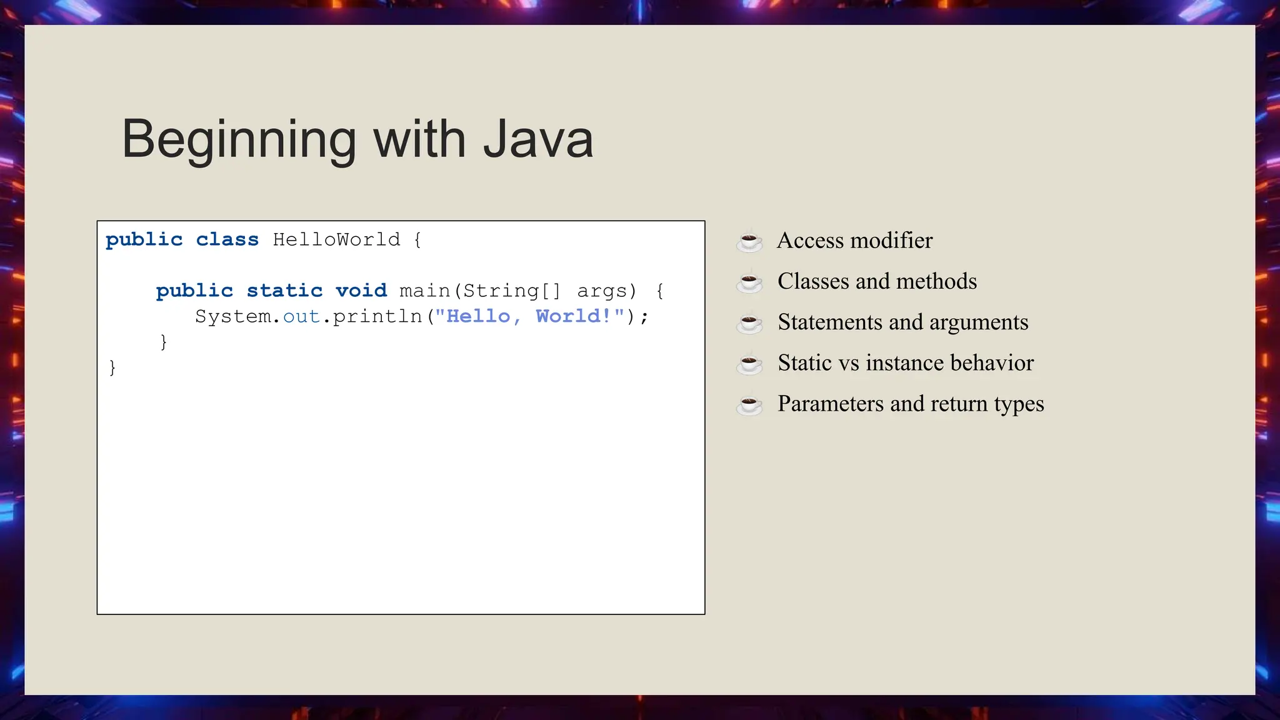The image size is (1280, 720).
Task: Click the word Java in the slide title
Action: (538, 139)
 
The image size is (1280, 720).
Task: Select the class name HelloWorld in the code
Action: (336, 239)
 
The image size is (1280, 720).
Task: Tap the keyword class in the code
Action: (227, 239)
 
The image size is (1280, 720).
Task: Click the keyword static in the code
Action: (284, 291)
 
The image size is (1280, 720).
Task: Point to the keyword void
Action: (361, 291)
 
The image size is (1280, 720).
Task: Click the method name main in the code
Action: (425, 291)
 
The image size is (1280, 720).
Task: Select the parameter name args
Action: (602, 291)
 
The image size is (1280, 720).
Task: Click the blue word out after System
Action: (301, 316)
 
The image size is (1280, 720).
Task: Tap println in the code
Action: (377, 316)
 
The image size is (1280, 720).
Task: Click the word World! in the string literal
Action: (573, 316)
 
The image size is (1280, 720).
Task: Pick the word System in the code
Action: (233, 316)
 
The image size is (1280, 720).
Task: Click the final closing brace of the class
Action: (112, 367)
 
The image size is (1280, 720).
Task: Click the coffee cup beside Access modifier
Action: (749, 241)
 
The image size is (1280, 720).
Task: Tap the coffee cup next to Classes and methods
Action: (749, 282)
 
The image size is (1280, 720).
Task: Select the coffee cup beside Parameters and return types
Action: (749, 404)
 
